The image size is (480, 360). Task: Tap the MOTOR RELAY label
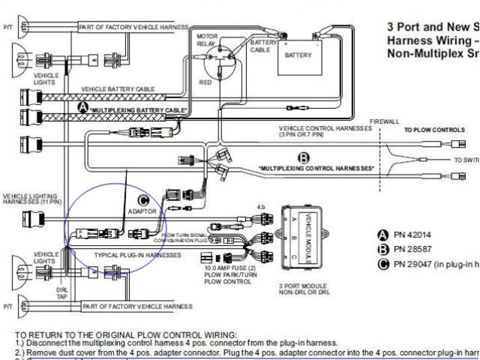coord(206,40)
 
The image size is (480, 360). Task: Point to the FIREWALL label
coord(385,121)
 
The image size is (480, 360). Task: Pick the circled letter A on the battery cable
coord(83,108)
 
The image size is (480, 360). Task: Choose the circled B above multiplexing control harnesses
coord(304,158)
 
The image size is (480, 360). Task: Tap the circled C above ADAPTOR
coord(144,199)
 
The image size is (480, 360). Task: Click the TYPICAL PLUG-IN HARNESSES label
coord(137,256)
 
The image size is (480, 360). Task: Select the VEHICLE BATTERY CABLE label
coord(116,88)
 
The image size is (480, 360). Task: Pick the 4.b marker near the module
coord(261,205)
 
